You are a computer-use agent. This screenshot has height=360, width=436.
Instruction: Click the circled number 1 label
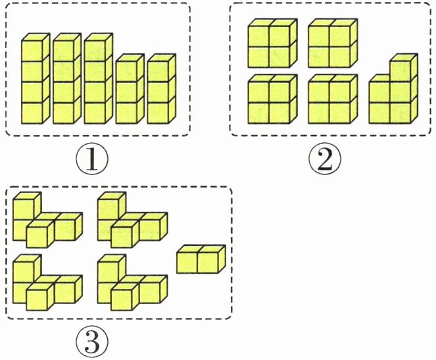pos(91,159)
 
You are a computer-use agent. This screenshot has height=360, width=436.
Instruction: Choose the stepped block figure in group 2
pos(393,95)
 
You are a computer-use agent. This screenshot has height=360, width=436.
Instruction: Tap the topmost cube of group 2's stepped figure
pos(403,68)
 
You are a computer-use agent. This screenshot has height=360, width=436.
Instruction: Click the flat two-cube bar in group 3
pos(201,258)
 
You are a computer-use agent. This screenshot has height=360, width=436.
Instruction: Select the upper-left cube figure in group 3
pos(45,220)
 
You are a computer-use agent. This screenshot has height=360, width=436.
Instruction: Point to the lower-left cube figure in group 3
pos(45,284)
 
